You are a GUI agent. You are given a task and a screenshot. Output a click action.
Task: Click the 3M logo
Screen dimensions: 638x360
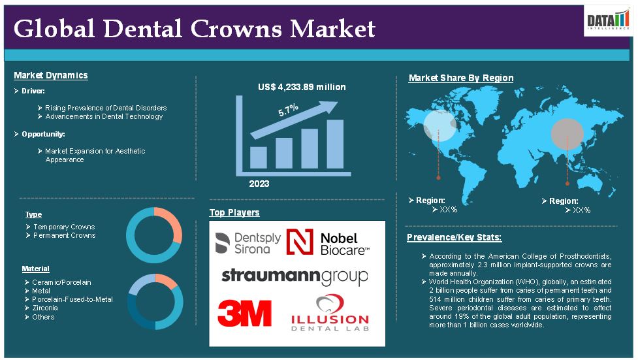(x=244, y=313)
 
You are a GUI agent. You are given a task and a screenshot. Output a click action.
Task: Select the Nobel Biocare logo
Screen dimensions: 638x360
(x=328, y=242)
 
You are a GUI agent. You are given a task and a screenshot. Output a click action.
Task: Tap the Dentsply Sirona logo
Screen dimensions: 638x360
(x=247, y=243)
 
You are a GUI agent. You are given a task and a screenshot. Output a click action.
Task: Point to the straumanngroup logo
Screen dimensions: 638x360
(x=295, y=277)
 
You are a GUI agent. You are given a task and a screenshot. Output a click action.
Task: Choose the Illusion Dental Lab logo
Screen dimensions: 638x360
(x=330, y=313)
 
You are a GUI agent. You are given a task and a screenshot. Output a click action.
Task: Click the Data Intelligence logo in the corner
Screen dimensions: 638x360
(x=608, y=20)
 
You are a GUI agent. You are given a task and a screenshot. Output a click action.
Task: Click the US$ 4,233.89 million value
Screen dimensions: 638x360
(x=302, y=87)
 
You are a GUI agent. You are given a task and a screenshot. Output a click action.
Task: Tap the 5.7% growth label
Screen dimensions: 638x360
(x=288, y=110)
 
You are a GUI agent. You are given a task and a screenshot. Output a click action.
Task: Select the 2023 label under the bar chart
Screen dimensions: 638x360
(x=259, y=184)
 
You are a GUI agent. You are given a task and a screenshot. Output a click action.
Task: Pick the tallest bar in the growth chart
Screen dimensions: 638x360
(x=335, y=144)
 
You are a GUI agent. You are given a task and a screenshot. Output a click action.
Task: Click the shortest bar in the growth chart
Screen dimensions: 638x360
(x=259, y=157)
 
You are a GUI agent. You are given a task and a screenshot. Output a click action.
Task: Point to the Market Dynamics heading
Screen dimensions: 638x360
(x=51, y=75)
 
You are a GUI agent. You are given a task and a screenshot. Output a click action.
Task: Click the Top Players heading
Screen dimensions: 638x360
(x=234, y=212)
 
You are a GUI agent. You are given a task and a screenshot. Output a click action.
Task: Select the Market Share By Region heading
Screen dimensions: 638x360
(x=461, y=78)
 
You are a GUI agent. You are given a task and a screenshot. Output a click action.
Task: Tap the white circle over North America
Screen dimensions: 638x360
(x=440, y=125)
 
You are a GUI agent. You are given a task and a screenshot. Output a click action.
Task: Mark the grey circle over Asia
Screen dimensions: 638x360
(x=567, y=134)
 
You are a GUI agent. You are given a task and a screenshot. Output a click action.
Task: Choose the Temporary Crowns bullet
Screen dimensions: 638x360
(x=60, y=227)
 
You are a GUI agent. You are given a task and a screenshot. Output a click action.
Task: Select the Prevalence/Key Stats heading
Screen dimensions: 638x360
(x=454, y=237)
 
